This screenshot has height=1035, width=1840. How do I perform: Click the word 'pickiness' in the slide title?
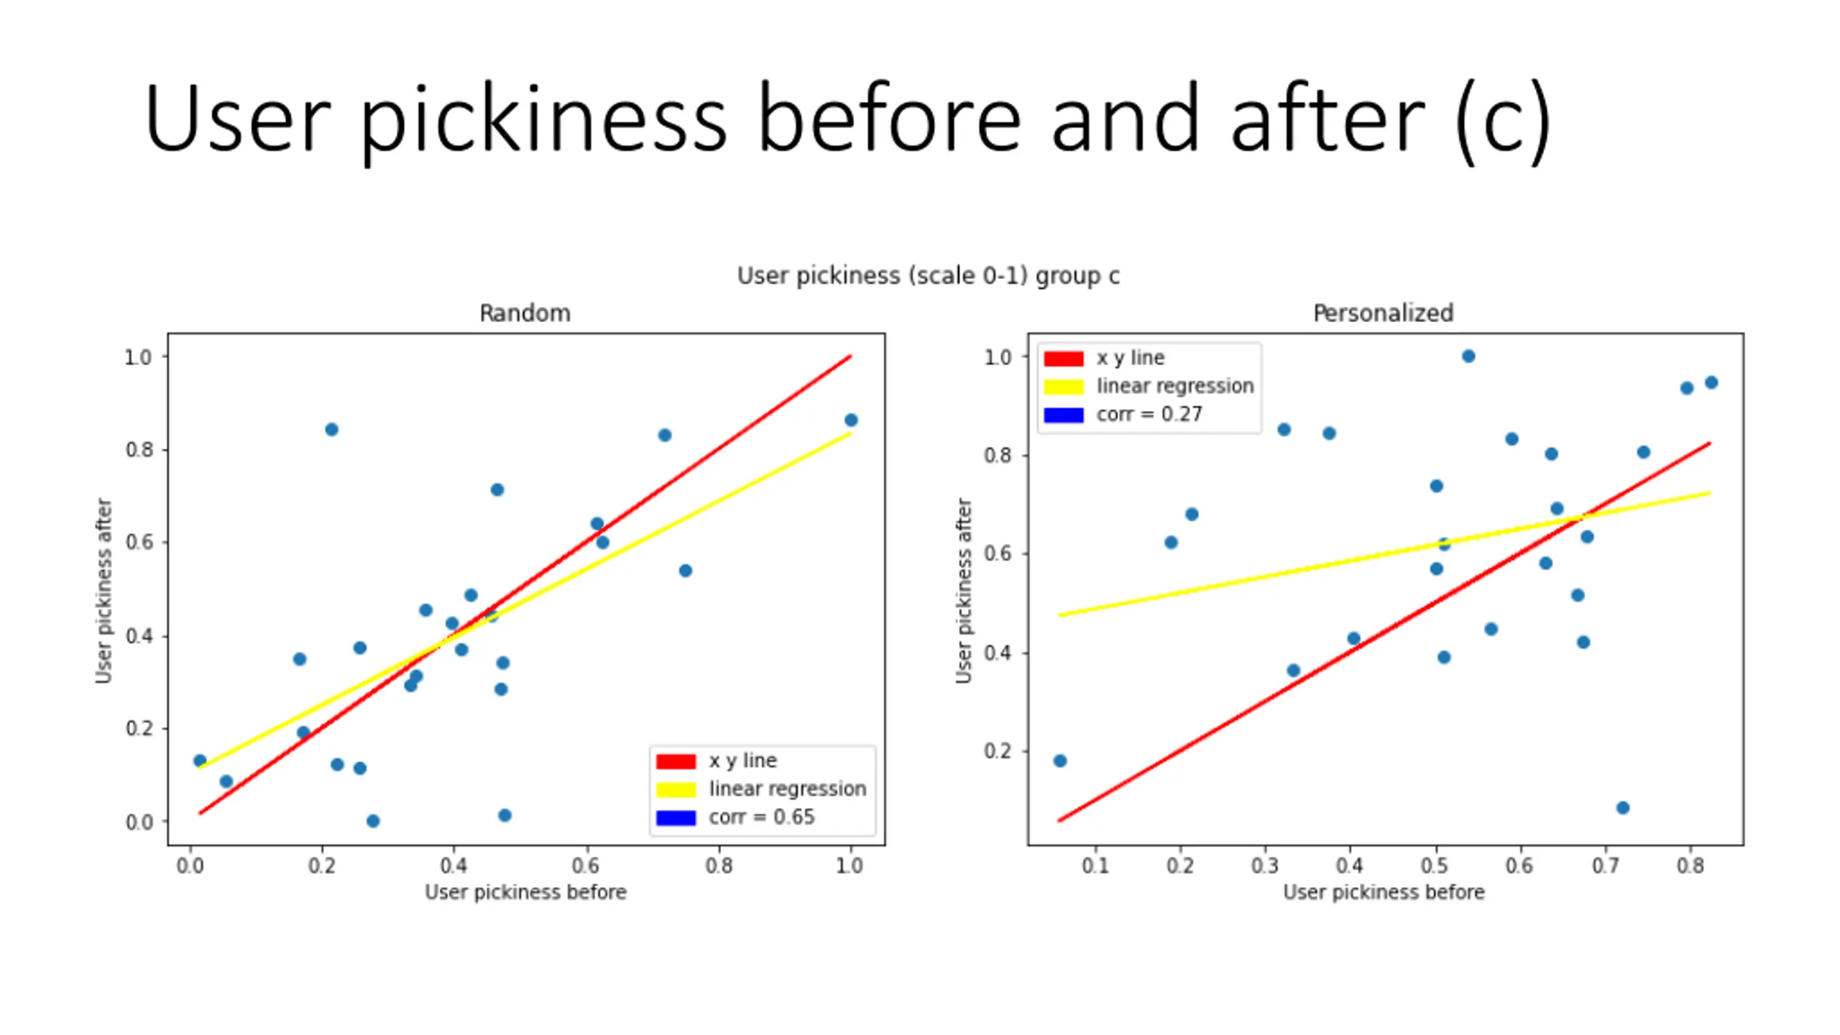click(543, 119)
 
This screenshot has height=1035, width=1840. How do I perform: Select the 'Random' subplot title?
click(525, 313)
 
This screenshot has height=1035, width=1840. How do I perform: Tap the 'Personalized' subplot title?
click(1383, 313)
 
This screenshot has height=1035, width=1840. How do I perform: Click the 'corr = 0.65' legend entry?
click(761, 817)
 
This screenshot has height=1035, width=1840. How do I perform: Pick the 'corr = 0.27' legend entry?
click(1149, 415)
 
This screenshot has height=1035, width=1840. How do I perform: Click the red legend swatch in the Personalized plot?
click(1063, 359)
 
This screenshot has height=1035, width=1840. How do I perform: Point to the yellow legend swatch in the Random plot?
click(676, 789)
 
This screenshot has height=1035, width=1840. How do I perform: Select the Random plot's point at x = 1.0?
click(851, 420)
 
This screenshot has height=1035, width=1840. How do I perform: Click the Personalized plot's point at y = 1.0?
click(1468, 356)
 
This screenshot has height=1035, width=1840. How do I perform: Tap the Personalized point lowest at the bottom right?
click(1622, 808)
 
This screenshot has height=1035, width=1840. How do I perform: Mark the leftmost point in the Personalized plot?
click(1060, 760)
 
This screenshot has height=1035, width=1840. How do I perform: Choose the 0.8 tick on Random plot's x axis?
click(719, 865)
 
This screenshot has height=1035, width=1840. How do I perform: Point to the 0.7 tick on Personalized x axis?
click(1605, 865)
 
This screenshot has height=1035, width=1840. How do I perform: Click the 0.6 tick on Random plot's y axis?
click(139, 543)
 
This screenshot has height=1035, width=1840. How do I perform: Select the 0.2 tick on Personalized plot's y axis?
click(998, 751)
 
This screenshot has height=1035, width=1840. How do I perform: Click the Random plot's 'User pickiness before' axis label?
click(525, 892)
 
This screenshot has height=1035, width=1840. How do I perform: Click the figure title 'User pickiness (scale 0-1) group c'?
click(928, 276)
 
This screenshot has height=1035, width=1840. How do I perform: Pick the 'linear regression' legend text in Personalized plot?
click(1174, 387)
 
